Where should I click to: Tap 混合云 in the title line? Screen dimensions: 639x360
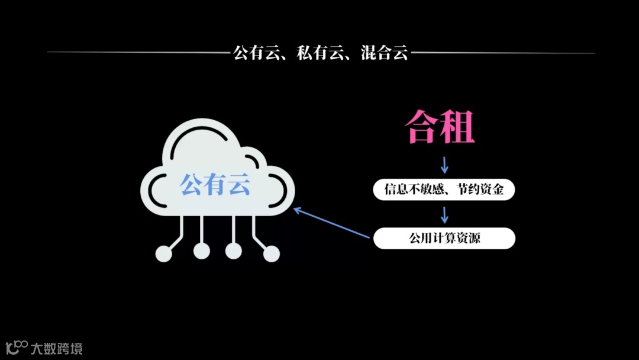coord(385,53)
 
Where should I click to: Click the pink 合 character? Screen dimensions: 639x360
coord(422,126)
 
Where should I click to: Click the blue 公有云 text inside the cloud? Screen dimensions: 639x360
coord(215,185)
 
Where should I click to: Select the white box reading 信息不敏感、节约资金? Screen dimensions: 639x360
coord(444,190)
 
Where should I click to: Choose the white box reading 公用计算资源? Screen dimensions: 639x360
coord(444,239)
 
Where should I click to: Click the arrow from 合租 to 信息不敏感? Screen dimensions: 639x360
coord(445,165)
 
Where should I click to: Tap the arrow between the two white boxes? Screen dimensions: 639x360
coord(445,214)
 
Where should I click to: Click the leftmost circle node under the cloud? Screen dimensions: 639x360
coord(164,253)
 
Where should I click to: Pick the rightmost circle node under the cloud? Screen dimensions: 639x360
coord(271,253)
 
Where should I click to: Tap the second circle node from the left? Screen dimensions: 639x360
coord(202,251)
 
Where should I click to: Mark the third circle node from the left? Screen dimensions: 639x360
coord(234,251)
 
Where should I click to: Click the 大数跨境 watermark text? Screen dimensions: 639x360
coord(57,348)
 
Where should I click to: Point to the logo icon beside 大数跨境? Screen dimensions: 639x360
coord(17,347)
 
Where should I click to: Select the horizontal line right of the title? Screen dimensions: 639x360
coord(503,53)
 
